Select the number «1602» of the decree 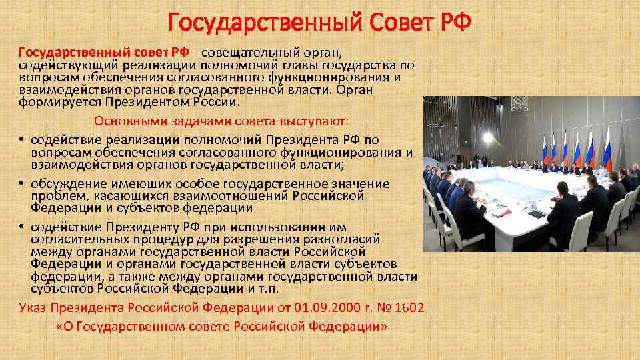(409, 308)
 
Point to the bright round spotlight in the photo (488, 138)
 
